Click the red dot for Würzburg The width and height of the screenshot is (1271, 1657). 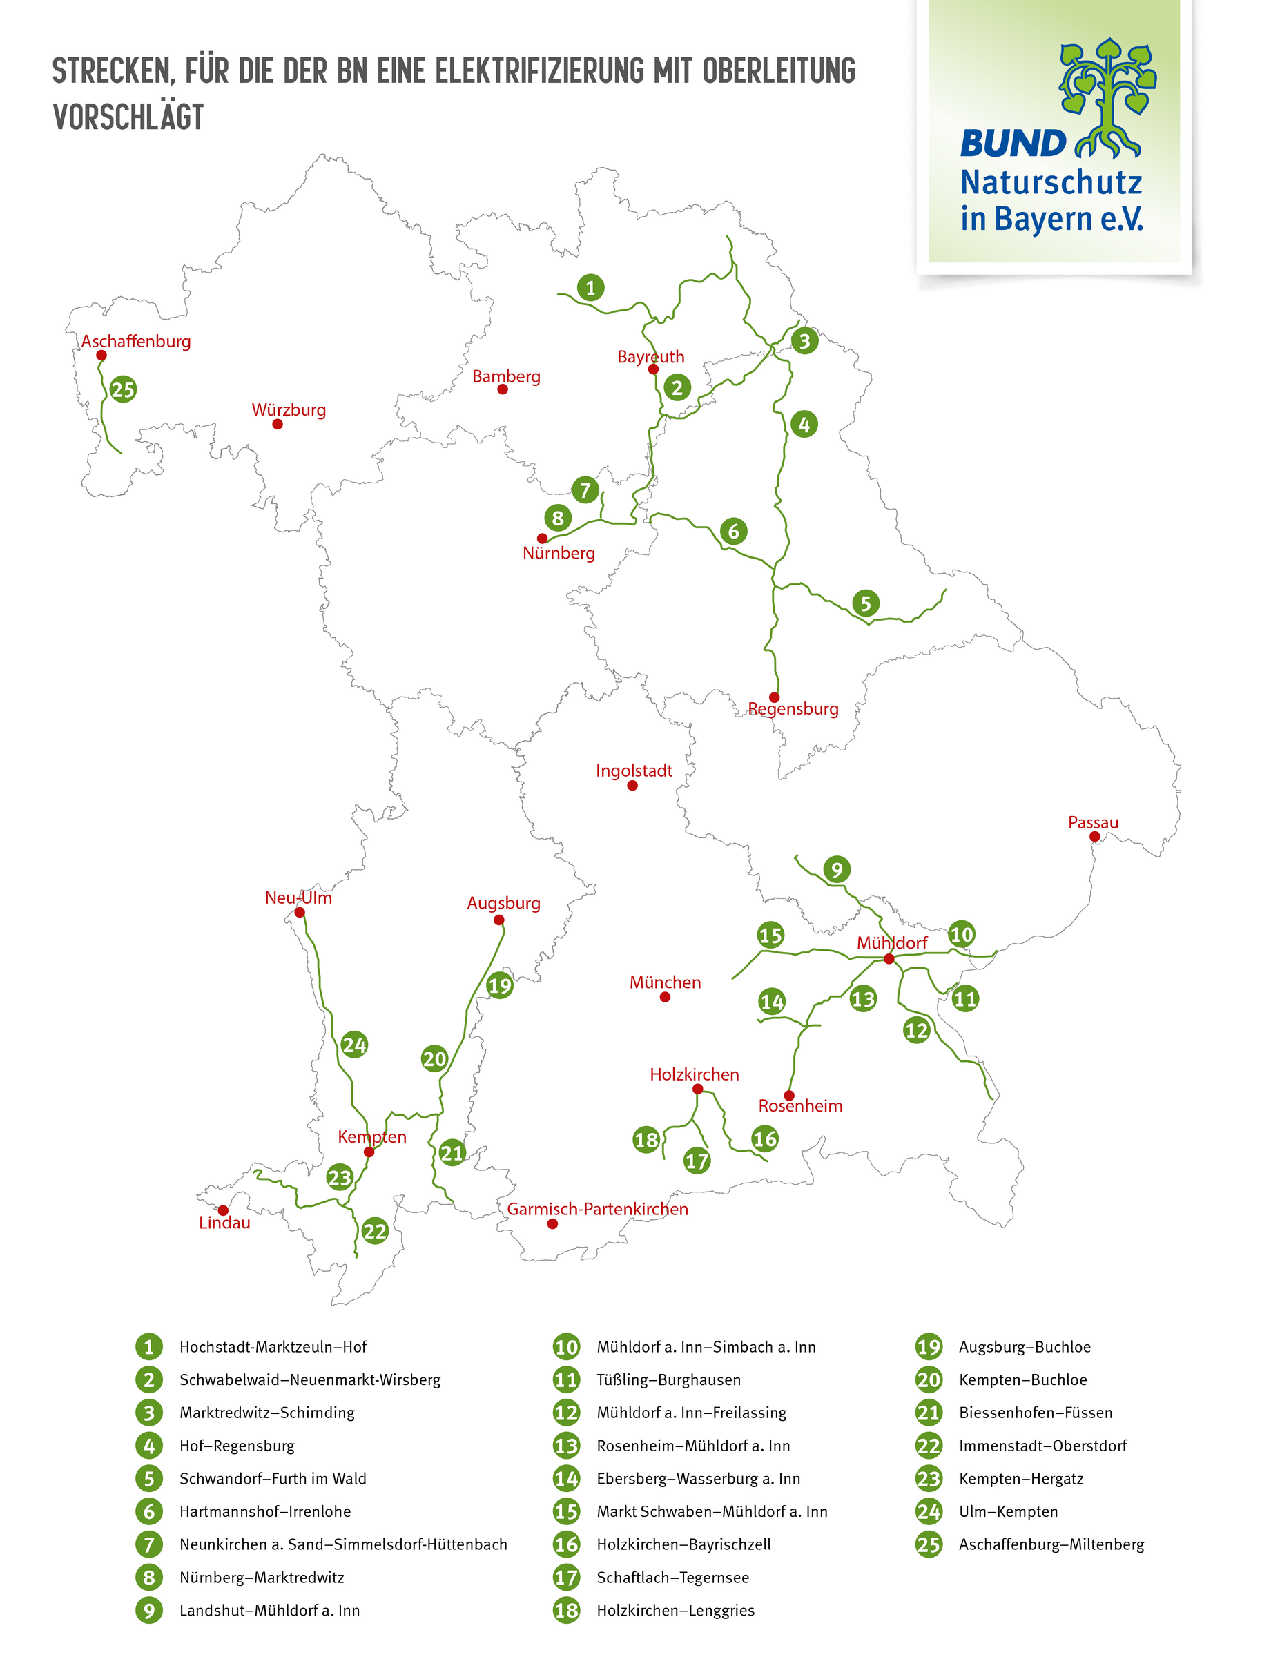(x=278, y=425)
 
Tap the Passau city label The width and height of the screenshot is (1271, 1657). (x=1092, y=822)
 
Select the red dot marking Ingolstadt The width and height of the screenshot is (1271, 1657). (x=632, y=786)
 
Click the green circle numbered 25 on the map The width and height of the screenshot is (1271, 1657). (x=123, y=390)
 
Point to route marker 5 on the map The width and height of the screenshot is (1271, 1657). (x=866, y=604)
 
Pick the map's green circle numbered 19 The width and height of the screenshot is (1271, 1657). (x=499, y=986)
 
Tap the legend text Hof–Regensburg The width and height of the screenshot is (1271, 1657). (x=237, y=1446)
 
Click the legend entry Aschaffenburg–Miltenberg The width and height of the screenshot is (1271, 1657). (x=1051, y=1544)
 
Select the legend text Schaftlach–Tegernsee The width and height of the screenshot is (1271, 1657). (x=672, y=1578)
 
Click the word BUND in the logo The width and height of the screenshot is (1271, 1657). (x=1012, y=143)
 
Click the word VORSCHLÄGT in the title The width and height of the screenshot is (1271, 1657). (x=128, y=117)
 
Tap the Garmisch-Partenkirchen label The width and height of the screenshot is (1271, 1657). (x=598, y=1209)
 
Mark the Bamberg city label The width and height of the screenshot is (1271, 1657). (x=506, y=376)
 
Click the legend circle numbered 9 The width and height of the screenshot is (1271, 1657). (x=149, y=1610)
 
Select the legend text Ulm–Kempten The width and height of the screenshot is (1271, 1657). (x=1008, y=1512)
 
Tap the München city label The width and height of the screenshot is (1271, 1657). (x=665, y=982)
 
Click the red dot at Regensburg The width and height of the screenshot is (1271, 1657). (x=774, y=697)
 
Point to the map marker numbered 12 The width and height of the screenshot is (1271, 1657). (x=916, y=1031)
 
